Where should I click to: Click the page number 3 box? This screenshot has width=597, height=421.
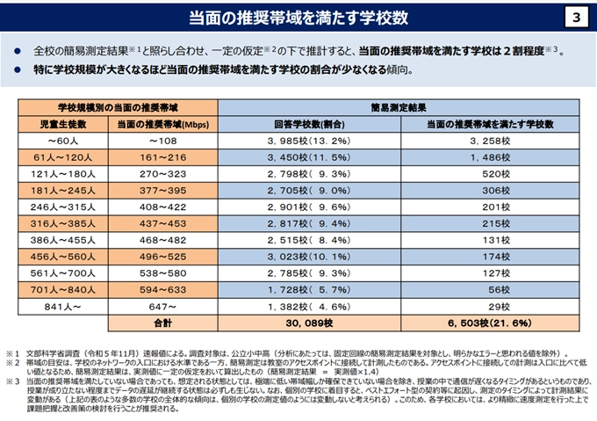575,18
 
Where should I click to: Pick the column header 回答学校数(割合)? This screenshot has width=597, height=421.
308,123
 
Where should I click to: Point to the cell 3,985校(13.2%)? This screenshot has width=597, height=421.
308,140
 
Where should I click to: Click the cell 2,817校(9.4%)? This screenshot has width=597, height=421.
308,222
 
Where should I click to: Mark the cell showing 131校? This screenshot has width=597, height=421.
496,239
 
